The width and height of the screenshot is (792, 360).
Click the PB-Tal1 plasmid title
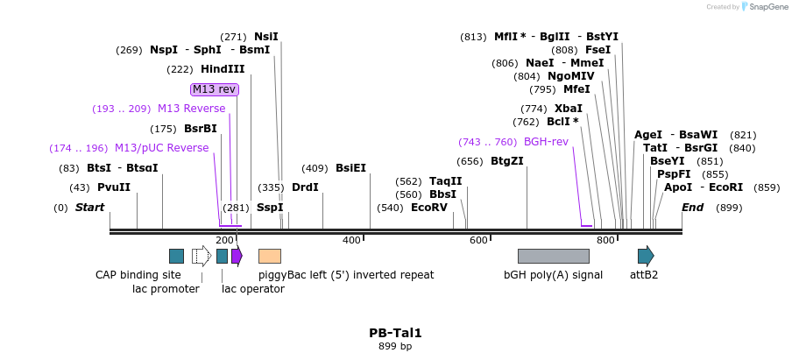pyautogui.click(x=395, y=333)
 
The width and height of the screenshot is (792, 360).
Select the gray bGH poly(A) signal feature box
pyautogui.click(x=553, y=256)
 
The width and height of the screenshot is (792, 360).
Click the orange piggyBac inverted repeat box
pyautogui.click(x=270, y=256)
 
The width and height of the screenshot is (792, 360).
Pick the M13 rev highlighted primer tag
pyautogui.click(x=215, y=89)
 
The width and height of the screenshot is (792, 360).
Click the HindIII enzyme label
pyautogui.click(x=223, y=69)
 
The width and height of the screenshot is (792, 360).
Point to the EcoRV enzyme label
pyautogui.click(x=429, y=208)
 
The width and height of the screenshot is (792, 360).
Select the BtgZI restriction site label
pyautogui.click(x=506, y=161)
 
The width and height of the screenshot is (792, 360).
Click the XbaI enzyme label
pyautogui.click(x=569, y=109)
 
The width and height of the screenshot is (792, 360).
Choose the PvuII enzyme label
pyautogui.click(x=114, y=187)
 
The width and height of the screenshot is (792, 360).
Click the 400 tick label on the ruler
pyautogui.click(x=351, y=240)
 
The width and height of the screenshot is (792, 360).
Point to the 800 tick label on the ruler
pyautogui.click(x=605, y=240)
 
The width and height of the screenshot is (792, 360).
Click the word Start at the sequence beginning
pyautogui.click(x=89, y=208)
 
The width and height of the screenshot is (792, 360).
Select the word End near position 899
pyautogui.click(x=692, y=208)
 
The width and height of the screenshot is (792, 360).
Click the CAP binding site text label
pyautogui.click(x=138, y=274)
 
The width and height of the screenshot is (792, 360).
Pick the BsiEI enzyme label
pyautogui.click(x=350, y=168)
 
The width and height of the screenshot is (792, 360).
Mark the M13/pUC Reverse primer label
pyautogui.click(x=161, y=148)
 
